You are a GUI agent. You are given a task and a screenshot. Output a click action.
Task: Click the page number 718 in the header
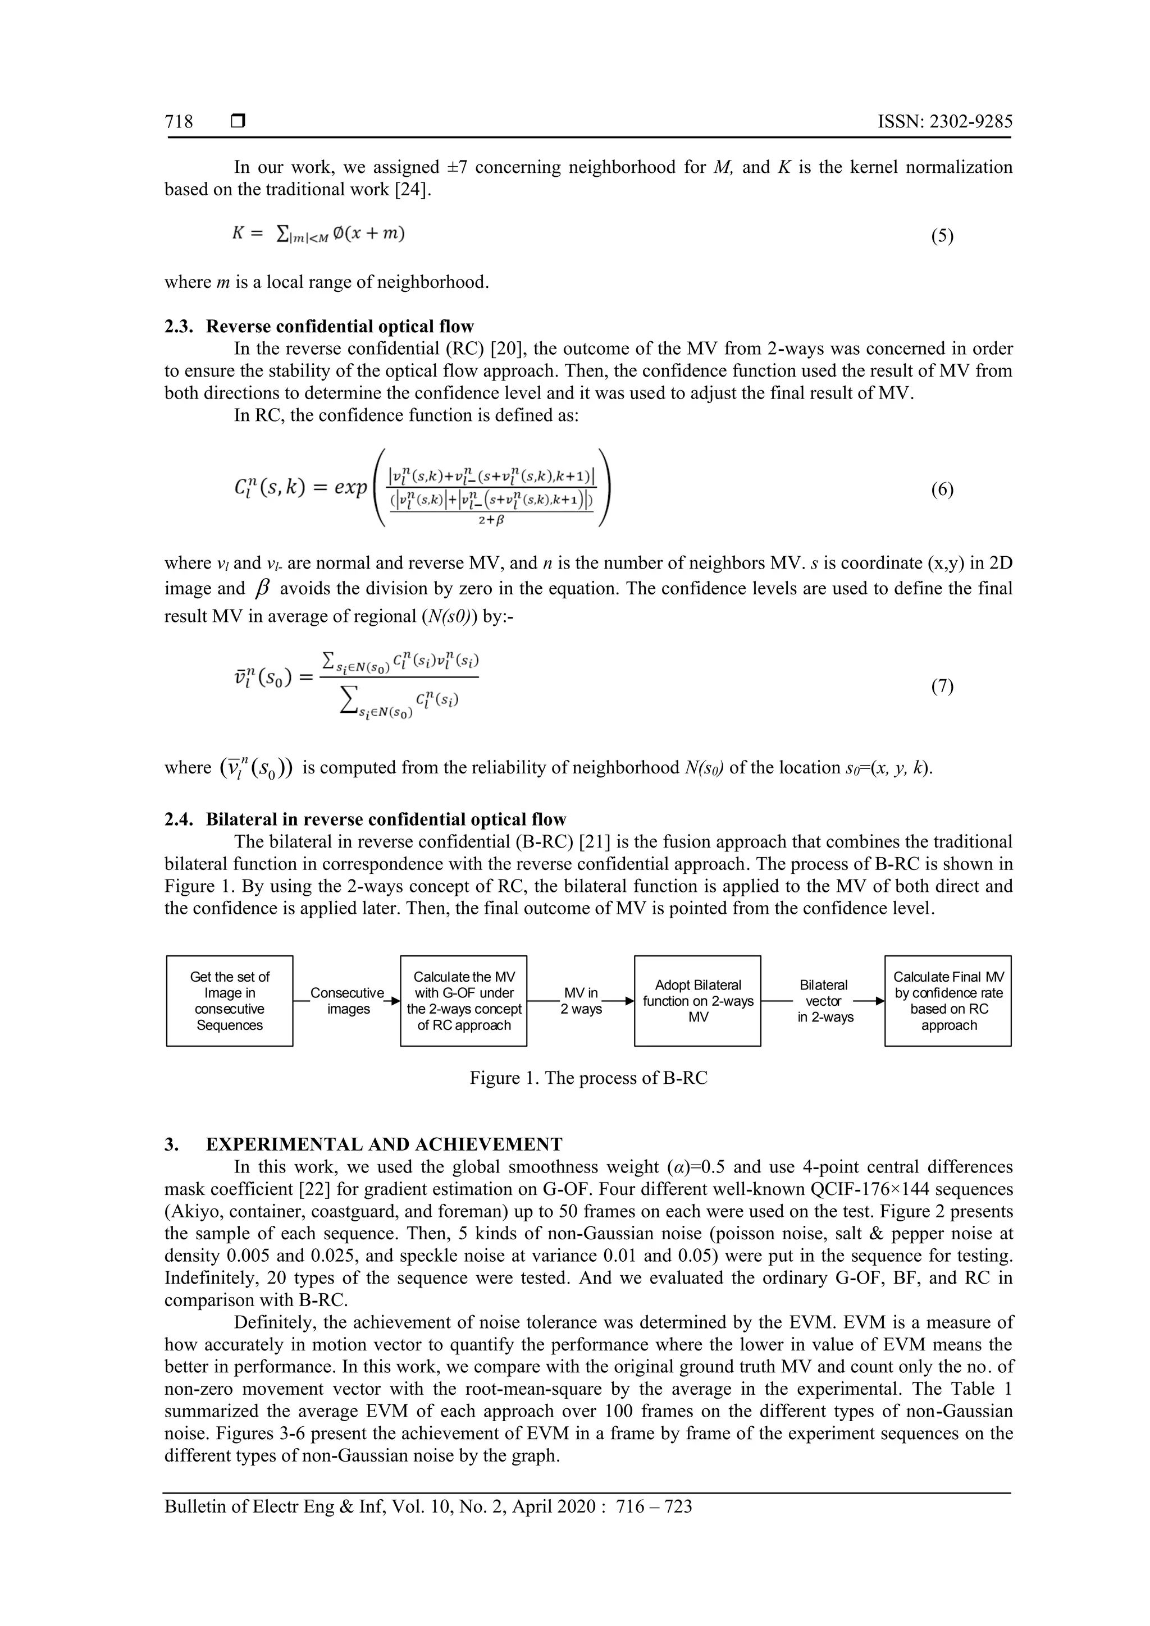tap(179, 122)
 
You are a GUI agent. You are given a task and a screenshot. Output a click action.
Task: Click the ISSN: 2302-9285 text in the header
tap(944, 122)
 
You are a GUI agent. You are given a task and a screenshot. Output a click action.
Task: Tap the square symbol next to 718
tap(238, 122)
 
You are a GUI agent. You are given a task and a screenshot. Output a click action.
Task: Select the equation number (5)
tap(942, 236)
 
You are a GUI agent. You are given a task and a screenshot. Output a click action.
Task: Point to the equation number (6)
tap(942, 489)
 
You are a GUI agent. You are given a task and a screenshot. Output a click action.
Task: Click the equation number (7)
tap(942, 686)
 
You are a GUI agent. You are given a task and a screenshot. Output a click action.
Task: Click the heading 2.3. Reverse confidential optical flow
tap(319, 327)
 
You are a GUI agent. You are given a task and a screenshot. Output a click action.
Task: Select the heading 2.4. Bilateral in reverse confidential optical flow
tap(365, 819)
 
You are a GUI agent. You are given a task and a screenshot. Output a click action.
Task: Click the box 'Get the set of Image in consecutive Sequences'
tap(230, 1001)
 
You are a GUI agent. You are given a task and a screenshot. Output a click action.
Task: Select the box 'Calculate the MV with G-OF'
tap(463, 1001)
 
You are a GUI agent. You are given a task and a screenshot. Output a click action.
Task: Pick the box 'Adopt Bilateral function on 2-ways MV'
tap(697, 1001)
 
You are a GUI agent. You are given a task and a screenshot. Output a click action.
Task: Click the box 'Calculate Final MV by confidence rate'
tap(948, 1001)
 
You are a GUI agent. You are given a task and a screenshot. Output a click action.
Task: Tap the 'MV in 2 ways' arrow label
tap(581, 1001)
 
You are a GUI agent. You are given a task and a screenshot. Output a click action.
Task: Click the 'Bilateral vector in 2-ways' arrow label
tap(823, 1001)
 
